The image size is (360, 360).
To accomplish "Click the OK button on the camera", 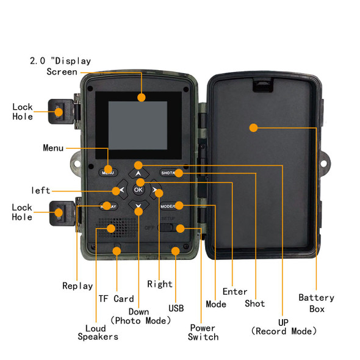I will click(138, 190).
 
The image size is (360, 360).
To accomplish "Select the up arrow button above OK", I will click(139, 173).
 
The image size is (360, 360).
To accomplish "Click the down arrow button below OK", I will click(139, 206).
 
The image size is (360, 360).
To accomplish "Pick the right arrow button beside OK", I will click(156, 190).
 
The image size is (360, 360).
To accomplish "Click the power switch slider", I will click(172, 228).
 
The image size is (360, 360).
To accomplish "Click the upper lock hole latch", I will click(61, 111).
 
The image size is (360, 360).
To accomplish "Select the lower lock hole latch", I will click(61, 213).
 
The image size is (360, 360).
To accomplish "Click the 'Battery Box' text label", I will click(316, 303).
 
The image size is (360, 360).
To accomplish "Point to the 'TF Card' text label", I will click(116, 299).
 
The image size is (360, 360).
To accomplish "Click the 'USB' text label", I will click(176, 309).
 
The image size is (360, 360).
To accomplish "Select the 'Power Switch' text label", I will click(203, 332).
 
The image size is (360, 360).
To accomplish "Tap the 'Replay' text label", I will click(77, 286).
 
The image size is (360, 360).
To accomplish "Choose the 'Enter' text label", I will click(235, 292).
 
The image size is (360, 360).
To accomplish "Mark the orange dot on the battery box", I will click(253, 128).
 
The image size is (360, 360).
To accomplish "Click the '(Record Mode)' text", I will click(284, 331).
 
